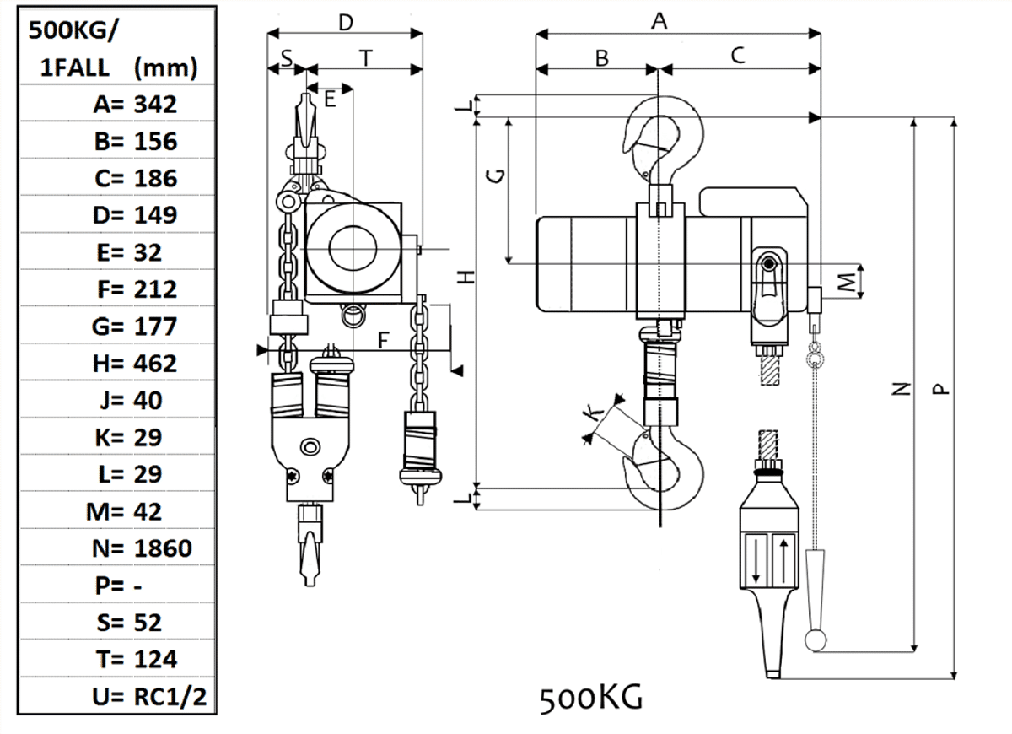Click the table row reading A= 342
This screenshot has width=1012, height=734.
(135, 105)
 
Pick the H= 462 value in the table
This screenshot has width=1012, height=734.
(135, 364)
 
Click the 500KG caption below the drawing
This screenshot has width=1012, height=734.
(591, 698)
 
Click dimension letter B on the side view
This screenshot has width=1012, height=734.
(601, 57)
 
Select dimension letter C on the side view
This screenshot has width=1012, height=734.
(737, 56)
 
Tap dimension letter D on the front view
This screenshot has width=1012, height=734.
(345, 23)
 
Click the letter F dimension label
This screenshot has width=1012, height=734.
(383, 340)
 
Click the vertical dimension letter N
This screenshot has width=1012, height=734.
(902, 389)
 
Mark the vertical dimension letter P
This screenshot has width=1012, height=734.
(939, 389)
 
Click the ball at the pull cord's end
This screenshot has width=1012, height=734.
(815, 640)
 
